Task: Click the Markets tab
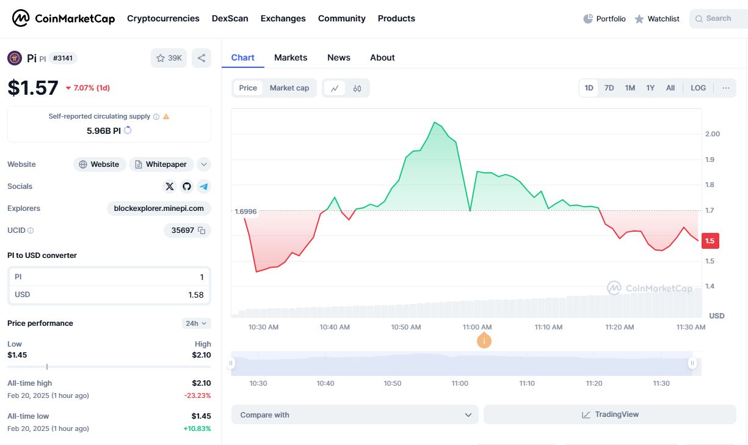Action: coord(291,57)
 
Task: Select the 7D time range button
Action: coord(609,88)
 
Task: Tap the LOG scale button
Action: coord(698,88)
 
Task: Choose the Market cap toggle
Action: coord(289,88)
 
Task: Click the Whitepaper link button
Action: coord(161,164)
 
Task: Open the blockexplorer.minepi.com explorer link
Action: coord(159,208)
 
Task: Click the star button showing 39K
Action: coord(169,58)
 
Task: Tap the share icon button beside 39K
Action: coord(202,58)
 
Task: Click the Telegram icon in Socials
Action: coord(204,186)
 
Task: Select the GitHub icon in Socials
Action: coord(187,186)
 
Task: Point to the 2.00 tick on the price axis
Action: coord(712,134)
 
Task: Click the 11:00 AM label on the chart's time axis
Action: coord(477,327)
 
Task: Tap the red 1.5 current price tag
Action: coord(710,241)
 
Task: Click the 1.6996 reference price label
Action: coord(245,211)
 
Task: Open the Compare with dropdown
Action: coord(355,414)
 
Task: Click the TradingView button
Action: coord(609,414)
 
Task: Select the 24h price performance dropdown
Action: coord(196,323)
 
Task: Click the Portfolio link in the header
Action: coord(605,19)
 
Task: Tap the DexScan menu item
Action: coord(230,18)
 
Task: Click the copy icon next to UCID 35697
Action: coord(202,230)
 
